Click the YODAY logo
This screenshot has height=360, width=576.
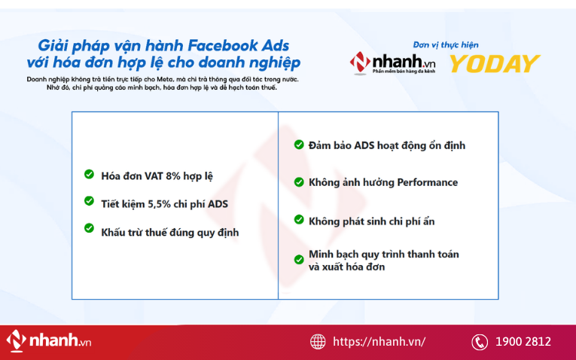coord(495,64)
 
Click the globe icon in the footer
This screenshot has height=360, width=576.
coord(318,341)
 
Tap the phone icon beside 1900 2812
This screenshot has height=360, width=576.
coord(480,342)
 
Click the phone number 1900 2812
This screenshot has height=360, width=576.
coord(523,342)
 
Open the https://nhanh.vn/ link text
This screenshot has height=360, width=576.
coord(379,342)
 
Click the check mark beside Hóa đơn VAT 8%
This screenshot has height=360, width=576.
coord(89,175)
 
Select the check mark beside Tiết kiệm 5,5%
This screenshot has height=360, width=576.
coord(89,201)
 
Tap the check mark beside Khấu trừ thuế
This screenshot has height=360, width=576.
coord(89,228)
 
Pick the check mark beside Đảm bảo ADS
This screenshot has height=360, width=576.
coord(299,144)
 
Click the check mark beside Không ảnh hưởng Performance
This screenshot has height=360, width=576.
coord(299,182)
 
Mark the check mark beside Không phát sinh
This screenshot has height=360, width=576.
coord(299,220)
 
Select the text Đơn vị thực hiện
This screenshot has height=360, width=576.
coord(446,44)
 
